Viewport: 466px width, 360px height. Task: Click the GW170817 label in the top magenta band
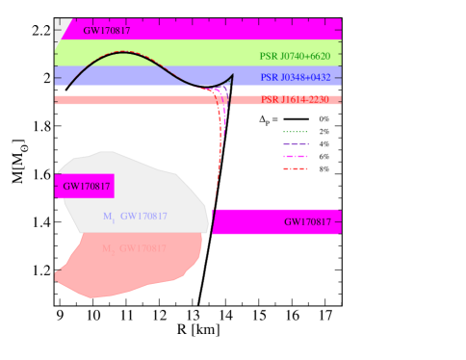pos(107,30)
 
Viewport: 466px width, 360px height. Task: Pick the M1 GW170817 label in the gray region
pos(135,217)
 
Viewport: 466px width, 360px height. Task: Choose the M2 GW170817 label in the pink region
pos(135,248)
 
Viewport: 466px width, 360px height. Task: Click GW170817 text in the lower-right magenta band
pos(307,222)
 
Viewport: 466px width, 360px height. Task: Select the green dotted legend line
pos(295,132)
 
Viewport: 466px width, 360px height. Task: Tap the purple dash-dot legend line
pos(295,143)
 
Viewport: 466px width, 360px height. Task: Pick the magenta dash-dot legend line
pos(295,156)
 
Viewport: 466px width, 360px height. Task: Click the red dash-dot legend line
pos(295,168)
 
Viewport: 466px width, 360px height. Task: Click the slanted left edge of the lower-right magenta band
pos(215,222)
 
